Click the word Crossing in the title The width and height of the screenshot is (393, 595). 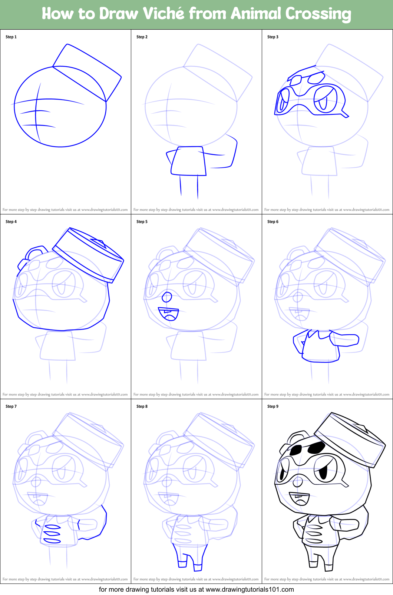[318, 14]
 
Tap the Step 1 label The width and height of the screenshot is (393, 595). [11, 37]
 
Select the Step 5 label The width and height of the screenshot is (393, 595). [142, 221]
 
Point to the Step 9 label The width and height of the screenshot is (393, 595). [273, 406]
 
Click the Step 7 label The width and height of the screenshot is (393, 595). [11, 406]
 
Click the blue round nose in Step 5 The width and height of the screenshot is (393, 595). [167, 297]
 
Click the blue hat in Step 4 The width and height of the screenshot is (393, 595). [89, 255]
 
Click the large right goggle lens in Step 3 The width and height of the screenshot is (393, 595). [325, 99]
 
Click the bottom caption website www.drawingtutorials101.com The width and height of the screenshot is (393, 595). [250, 589]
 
